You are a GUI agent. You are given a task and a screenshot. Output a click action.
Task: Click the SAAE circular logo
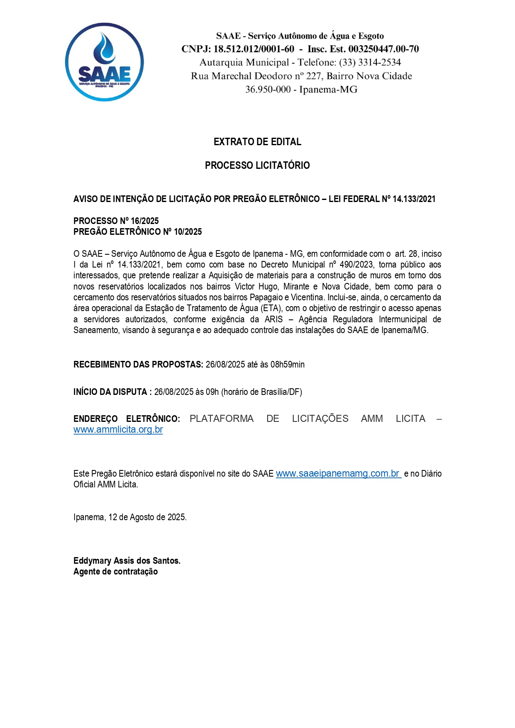pos(104,62)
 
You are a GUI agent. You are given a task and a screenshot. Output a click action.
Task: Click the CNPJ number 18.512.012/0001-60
pos(254,49)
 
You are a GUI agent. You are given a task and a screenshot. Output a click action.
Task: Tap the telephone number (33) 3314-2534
pos(370,63)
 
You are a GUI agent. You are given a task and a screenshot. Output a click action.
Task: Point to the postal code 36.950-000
pos(268,90)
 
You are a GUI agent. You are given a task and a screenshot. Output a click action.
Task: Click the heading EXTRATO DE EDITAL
pos(257,142)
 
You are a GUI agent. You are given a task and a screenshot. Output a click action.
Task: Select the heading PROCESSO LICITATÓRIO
pos(257,166)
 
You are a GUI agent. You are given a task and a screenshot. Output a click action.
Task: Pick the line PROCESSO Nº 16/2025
pos(116,221)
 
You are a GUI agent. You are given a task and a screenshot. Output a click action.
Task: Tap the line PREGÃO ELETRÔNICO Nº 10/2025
pos(137,232)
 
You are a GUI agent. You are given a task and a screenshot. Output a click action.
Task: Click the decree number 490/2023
pos(356,265)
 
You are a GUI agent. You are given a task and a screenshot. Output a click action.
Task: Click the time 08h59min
pos(288,365)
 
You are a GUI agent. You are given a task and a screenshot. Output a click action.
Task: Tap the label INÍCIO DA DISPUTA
pos(110,392)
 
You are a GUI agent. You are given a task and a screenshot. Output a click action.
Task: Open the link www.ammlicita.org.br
pos(118,430)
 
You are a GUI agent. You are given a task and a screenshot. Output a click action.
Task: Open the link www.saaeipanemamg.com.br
pos(338,474)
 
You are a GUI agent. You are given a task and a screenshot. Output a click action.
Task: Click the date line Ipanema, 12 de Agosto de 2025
pos(130,517)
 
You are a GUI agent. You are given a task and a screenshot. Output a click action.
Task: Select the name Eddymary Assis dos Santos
pos(127,561)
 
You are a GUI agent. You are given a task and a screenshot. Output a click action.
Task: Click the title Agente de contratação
pos(115,572)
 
